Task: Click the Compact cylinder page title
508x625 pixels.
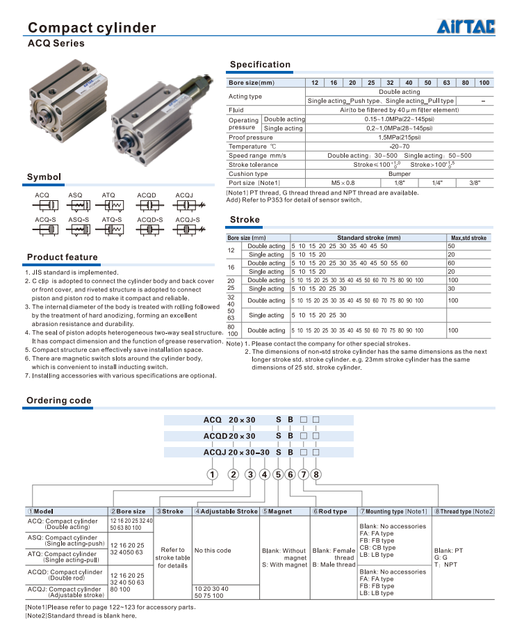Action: pos(91,28)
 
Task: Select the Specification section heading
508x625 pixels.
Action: pos(260,65)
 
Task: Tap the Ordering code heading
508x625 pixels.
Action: pos(58,400)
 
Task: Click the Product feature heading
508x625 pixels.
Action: pos(62,257)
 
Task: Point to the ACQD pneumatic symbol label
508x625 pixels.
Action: pos(147,195)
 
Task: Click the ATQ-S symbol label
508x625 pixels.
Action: pos(112,220)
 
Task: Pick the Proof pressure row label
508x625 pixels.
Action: pos(251,138)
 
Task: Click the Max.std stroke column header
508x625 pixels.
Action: pos(469,238)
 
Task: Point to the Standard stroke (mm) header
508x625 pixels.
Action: pos(368,238)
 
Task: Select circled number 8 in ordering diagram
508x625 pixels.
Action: pos(316,475)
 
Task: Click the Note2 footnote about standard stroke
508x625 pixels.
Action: pos(81,615)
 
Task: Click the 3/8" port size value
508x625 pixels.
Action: pos(475,182)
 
